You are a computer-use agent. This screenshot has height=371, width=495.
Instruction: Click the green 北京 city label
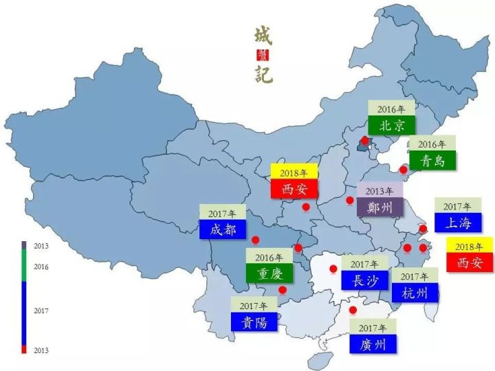click(x=391, y=125)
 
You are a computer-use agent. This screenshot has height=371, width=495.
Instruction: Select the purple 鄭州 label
click(x=379, y=207)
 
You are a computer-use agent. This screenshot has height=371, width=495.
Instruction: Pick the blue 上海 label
click(x=457, y=223)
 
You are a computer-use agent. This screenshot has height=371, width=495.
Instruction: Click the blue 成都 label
click(x=223, y=229)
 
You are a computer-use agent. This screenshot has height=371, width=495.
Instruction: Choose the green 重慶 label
click(x=269, y=273)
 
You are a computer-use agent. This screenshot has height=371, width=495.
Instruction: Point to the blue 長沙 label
click(x=364, y=280)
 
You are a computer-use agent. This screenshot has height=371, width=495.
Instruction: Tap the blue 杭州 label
click(x=415, y=293)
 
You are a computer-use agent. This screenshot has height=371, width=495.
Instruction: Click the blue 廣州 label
click(x=373, y=344)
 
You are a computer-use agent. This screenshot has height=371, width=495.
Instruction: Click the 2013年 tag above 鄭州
click(x=379, y=190)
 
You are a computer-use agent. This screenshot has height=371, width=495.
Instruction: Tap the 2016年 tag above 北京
click(x=391, y=109)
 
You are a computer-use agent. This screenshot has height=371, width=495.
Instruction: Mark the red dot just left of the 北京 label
click(x=364, y=140)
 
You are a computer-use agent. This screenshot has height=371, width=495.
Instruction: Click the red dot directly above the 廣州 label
click(x=353, y=310)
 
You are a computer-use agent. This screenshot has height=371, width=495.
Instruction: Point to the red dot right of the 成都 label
click(x=255, y=240)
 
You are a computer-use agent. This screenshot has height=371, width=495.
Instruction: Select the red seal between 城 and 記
click(x=264, y=55)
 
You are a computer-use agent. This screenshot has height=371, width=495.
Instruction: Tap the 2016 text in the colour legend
click(x=41, y=267)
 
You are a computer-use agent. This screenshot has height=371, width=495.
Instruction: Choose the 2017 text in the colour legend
click(x=41, y=311)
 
